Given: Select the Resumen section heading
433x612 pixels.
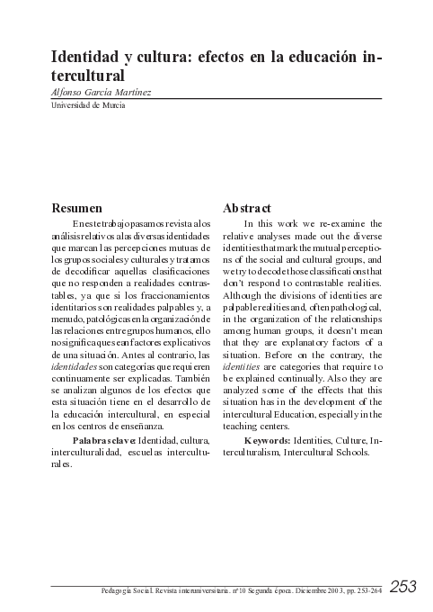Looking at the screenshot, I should (x=74, y=205).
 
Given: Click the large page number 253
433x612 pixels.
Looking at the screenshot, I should (x=403, y=587).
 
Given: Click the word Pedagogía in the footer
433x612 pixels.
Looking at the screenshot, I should (x=123, y=591).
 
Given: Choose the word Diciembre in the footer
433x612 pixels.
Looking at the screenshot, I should (x=305, y=591).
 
